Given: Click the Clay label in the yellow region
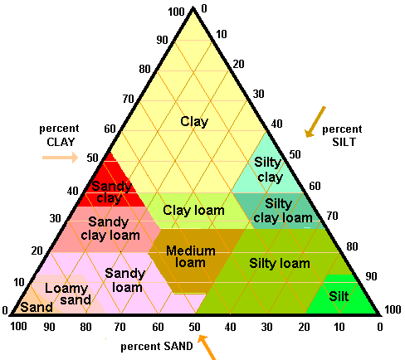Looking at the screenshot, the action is [x=194, y=122].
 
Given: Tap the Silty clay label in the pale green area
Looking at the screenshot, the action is [x=268, y=169].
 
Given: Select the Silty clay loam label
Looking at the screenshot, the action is [x=283, y=211].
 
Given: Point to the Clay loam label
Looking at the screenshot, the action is [x=193, y=211].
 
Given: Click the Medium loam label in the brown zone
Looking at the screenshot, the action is [x=191, y=257].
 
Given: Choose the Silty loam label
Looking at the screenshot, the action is [x=280, y=263].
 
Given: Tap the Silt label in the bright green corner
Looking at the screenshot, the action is [x=339, y=296].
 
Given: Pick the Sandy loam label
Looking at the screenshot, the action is [x=125, y=280].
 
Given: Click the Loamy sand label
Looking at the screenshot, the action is [x=68, y=294].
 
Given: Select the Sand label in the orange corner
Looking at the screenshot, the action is [x=37, y=307].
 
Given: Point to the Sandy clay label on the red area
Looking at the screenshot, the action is [x=111, y=192].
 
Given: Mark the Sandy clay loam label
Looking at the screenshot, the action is [x=110, y=229].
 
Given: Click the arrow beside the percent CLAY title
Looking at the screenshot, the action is [x=61, y=158].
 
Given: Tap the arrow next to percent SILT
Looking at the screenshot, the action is [x=315, y=122].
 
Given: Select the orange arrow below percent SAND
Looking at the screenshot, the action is [x=207, y=348].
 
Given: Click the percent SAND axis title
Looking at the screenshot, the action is [x=157, y=346].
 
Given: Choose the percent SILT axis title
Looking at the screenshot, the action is [x=342, y=135].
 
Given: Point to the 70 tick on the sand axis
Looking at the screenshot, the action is [x=120, y=327].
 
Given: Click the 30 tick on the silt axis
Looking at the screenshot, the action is [x=258, y=94].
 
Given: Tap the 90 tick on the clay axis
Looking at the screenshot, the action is [x=162, y=40].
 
